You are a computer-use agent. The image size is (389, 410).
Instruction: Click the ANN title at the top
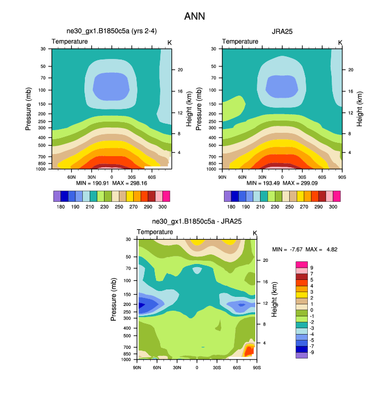click(x=194, y=16)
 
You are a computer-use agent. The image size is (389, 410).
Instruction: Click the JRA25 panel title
click(x=282, y=31)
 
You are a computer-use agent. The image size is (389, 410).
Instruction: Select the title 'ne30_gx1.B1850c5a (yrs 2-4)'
click(x=111, y=31)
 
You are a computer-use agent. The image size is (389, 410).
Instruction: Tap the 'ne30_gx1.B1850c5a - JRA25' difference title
click(x=196, y=221)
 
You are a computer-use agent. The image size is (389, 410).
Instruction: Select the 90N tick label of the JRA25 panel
click(x=222, y=176)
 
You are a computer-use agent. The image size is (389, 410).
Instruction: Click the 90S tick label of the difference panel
click(x=256, y=367)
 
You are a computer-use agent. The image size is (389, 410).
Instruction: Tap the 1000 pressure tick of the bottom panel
click(x=126, y=360)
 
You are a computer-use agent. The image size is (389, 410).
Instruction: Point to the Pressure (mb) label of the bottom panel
click(x=114, y=299)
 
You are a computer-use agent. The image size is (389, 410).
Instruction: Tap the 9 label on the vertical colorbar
click(x=312, y=267)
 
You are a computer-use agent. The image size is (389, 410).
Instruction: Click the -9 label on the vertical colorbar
click(x=313, y=352)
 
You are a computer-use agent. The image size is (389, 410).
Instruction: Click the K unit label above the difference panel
click(x=255, y=233)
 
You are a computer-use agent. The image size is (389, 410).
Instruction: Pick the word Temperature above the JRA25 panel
click(x=240, y=41)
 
